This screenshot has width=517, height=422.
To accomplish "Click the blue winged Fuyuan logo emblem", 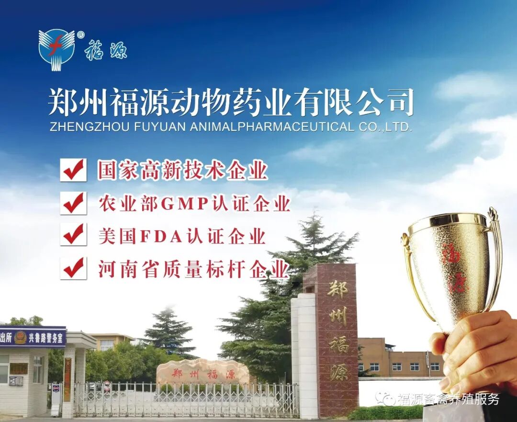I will (56, 49).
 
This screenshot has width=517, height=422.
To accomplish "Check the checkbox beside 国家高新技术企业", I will (73, 170).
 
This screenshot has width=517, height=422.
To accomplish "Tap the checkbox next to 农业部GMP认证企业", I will (73, 203).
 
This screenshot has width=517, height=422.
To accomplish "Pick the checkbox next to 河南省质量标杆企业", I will (73, 268).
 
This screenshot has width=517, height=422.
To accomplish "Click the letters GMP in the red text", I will (184, 204).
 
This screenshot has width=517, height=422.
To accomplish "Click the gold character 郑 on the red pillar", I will (338, 289).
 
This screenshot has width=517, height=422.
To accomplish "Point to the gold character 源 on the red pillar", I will (338, 371).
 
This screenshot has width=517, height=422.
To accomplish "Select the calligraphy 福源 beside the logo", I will (106, 49).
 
